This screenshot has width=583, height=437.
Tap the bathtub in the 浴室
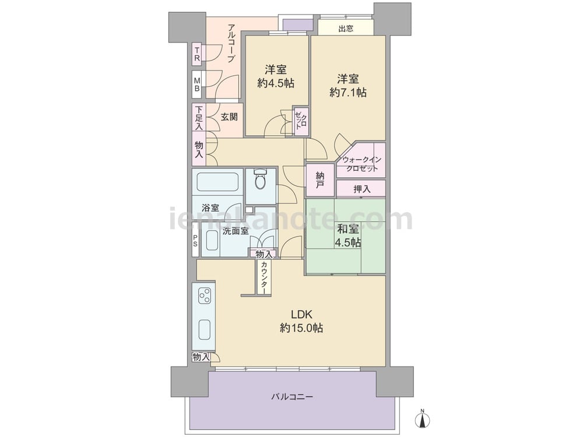[x=217, y=182]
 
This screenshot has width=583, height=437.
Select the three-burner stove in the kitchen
[x=204, y=295]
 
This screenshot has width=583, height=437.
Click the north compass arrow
[x=422, y=419]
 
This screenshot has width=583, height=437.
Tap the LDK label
[x=301, y=315]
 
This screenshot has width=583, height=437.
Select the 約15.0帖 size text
[x=301, y=327]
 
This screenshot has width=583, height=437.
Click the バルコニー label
[x=291, y=397]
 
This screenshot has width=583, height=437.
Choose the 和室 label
[x=347, y=228]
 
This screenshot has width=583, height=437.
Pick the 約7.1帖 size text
[x=347, y=92]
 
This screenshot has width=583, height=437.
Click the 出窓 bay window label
[x=346, y=29]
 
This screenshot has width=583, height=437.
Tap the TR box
[x=197, y=54]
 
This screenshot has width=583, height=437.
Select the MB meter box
[x=197, y=84]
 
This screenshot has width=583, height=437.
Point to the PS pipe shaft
[x=195, y=239]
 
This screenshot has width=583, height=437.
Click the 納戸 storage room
[x=319, y=180]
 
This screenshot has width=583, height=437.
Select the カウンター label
[x=264, y=278]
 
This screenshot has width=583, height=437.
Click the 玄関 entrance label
[x=229, y=117]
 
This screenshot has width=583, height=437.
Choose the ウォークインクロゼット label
[x=362, y=164]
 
